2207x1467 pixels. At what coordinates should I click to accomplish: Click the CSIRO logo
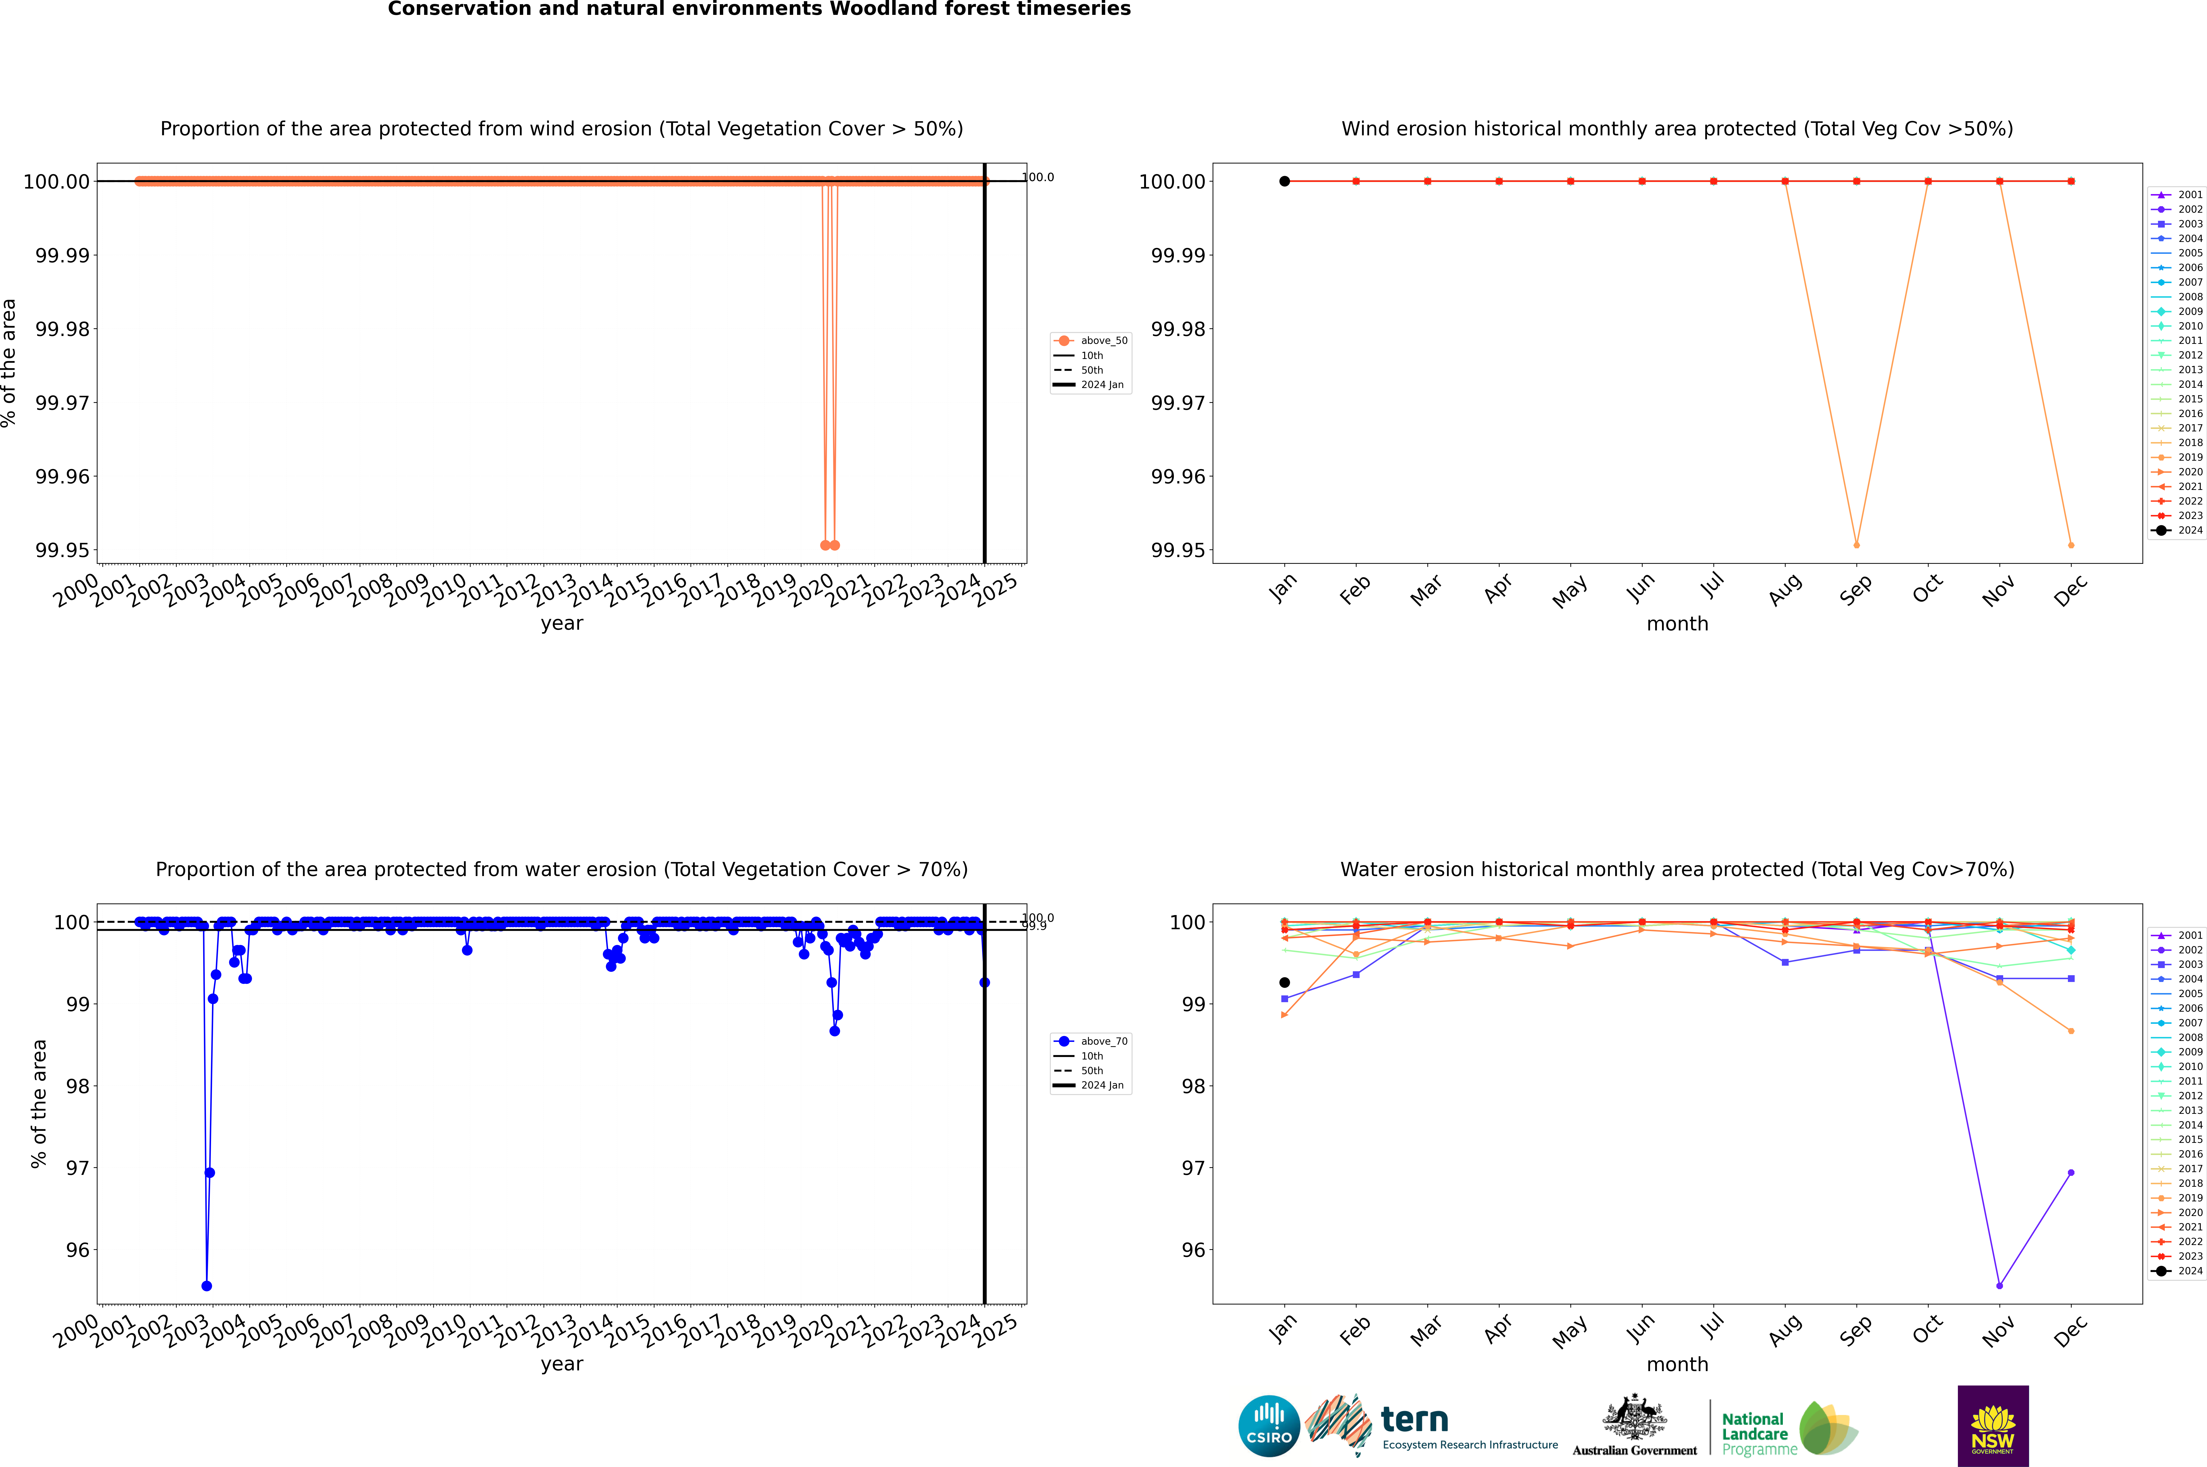[1269, 1426]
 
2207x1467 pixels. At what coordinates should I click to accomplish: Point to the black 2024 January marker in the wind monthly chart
[1285, 182]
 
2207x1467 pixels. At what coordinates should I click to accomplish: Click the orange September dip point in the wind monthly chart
[1856, 544]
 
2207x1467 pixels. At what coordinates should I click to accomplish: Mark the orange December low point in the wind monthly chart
[2070, 544]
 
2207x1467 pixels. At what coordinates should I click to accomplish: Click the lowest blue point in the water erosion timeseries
[207, 1285]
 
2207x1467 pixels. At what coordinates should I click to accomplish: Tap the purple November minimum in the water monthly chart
[1999, 1285]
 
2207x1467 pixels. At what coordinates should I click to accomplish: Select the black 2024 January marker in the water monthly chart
[1285, 982]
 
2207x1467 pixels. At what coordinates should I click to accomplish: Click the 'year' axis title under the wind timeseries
[561, 623]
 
